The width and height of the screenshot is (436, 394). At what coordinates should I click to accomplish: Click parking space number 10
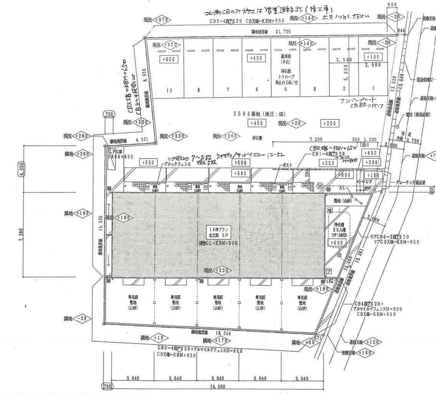[169, 91]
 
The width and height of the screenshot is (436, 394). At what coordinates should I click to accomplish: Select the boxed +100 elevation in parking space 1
[373, 57]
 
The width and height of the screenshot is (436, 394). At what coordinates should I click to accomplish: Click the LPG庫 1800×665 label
[115, 154]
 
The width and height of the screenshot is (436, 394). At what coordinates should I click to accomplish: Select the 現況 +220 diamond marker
[218, 271]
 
